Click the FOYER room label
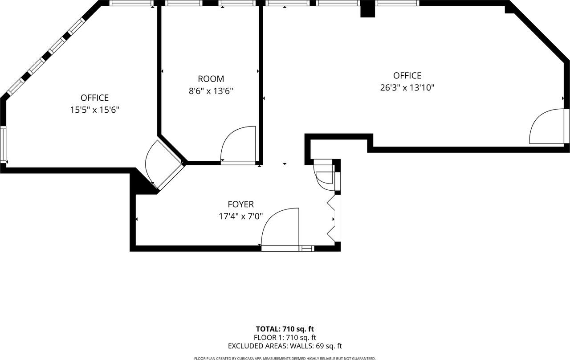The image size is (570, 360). [x=240, y=205]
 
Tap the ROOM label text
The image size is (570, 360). [x=211, y=79]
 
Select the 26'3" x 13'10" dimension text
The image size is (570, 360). [x=407, y=88]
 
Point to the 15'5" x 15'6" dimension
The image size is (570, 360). [x=94, y=110]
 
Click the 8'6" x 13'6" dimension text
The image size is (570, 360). [x=211, y=91]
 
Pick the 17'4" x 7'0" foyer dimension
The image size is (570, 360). [x=240, y=217]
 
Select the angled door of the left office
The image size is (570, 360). [x=163, y=164]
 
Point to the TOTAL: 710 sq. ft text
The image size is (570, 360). [x=285, y=329]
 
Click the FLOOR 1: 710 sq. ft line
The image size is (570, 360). [x=285, y=338]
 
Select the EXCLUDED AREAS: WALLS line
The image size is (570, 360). [x=285, y=346]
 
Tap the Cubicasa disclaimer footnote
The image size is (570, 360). [x=285, y=358]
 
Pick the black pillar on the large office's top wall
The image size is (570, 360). [x=368, y=9]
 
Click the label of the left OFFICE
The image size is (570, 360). [x=94, y=98]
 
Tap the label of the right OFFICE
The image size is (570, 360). [x=407, y=76]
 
